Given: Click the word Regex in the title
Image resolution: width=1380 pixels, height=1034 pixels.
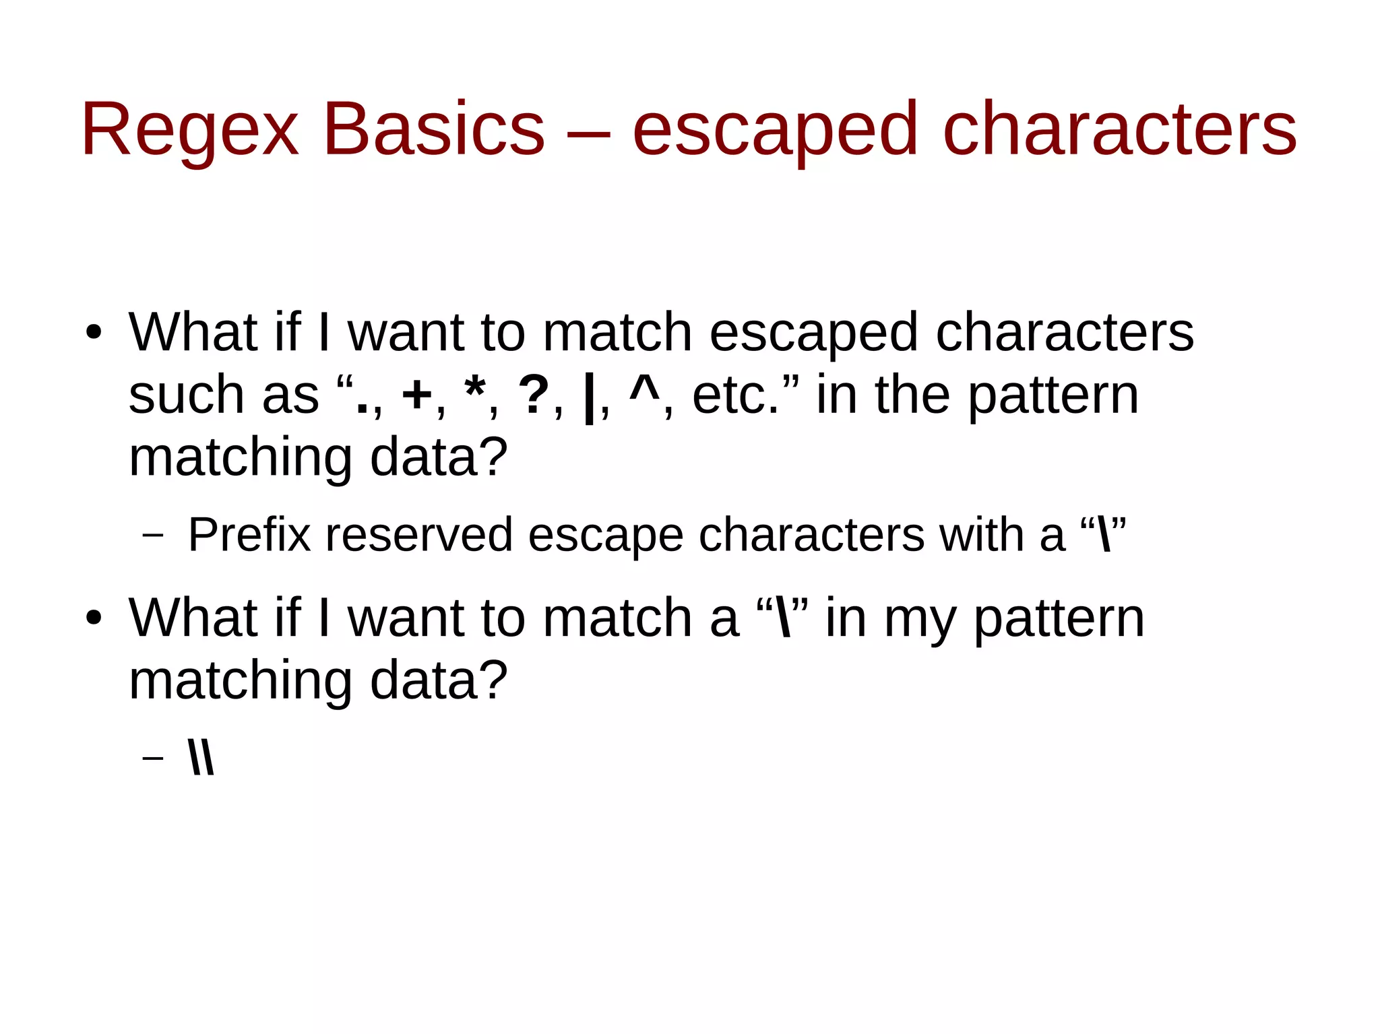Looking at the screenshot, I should tap(189, 129).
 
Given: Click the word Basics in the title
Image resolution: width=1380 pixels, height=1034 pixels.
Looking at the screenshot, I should tap(434, 129).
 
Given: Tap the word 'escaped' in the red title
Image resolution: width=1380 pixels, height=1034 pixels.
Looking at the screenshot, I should tap(775, 129).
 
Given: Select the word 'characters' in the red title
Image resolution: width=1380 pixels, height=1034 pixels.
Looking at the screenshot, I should tap(1119, 129).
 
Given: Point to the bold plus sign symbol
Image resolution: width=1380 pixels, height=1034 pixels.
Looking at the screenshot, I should tap(416, 395).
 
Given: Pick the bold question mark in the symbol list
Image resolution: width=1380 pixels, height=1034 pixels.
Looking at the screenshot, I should tap(534, 395).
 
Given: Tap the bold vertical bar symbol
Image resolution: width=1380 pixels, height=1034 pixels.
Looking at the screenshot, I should tap(590, 399).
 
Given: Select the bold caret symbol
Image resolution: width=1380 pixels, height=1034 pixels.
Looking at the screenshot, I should tap(644, 389).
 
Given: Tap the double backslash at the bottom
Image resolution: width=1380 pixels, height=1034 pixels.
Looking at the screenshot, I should tap(201, 758).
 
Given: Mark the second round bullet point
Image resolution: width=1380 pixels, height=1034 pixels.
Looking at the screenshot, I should tap(94, 618).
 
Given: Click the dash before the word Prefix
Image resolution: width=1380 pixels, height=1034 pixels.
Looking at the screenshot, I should tap(153, 536).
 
